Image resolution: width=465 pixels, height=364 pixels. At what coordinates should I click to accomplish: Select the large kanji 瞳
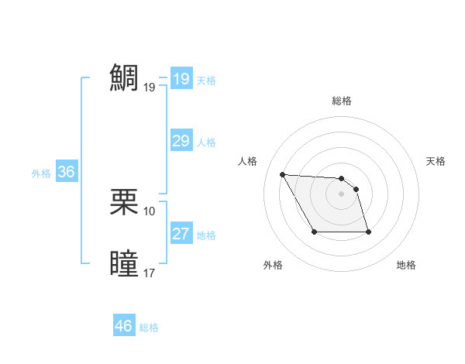point(125,263)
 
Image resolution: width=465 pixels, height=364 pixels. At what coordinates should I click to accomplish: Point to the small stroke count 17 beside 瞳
point(150,273)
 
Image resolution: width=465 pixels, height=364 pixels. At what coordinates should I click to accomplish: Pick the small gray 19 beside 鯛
point(150,88)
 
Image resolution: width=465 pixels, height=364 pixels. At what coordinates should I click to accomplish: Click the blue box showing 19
point(181,79)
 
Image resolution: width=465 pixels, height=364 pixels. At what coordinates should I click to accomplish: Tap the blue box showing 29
point(181,141)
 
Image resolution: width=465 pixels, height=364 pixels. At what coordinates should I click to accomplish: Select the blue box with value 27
point(181,234)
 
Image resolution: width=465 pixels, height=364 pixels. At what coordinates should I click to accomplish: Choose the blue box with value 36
point(66,172)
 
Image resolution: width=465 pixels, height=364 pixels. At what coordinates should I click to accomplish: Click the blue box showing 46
point(123,326)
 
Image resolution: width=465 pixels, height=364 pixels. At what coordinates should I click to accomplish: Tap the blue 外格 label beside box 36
point(41,173)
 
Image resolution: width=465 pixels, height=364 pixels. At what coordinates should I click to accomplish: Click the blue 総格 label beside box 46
point(149,328)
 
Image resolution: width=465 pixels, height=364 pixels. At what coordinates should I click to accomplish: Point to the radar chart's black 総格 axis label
point(342,101)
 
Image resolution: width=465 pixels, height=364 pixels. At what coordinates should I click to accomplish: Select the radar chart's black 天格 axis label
point(436,161)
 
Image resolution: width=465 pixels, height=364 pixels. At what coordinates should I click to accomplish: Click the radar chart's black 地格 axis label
point(406,265)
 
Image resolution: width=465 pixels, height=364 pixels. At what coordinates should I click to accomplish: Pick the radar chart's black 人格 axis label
point(248,161)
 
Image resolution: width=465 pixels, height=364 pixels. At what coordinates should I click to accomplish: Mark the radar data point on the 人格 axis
point(283,174)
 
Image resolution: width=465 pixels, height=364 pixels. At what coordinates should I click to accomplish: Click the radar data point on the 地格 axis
point(368,232)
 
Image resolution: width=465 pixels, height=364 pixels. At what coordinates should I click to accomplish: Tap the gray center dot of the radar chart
point(342,194)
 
